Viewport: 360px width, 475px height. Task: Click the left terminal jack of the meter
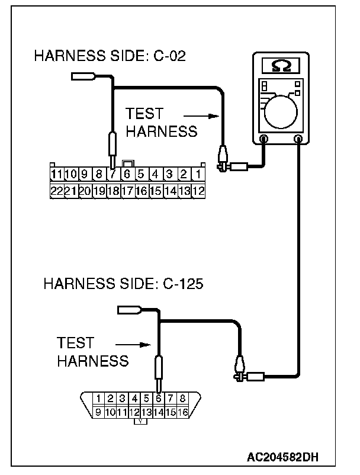click(263, 139)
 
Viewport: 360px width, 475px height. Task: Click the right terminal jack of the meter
click(298, 139)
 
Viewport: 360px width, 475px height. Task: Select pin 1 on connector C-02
click(198, 174)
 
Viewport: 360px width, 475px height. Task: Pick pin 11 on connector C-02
click(57, 174)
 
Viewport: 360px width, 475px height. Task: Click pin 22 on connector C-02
click(57, 191)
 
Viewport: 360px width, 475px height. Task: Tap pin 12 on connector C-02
click(198, 191)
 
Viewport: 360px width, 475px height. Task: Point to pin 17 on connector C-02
click(127, 191)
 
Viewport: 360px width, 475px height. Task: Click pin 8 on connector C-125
click(182, 399)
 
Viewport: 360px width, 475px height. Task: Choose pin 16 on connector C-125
click(182, 411)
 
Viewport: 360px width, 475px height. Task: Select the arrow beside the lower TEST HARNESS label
click(130, 344)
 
